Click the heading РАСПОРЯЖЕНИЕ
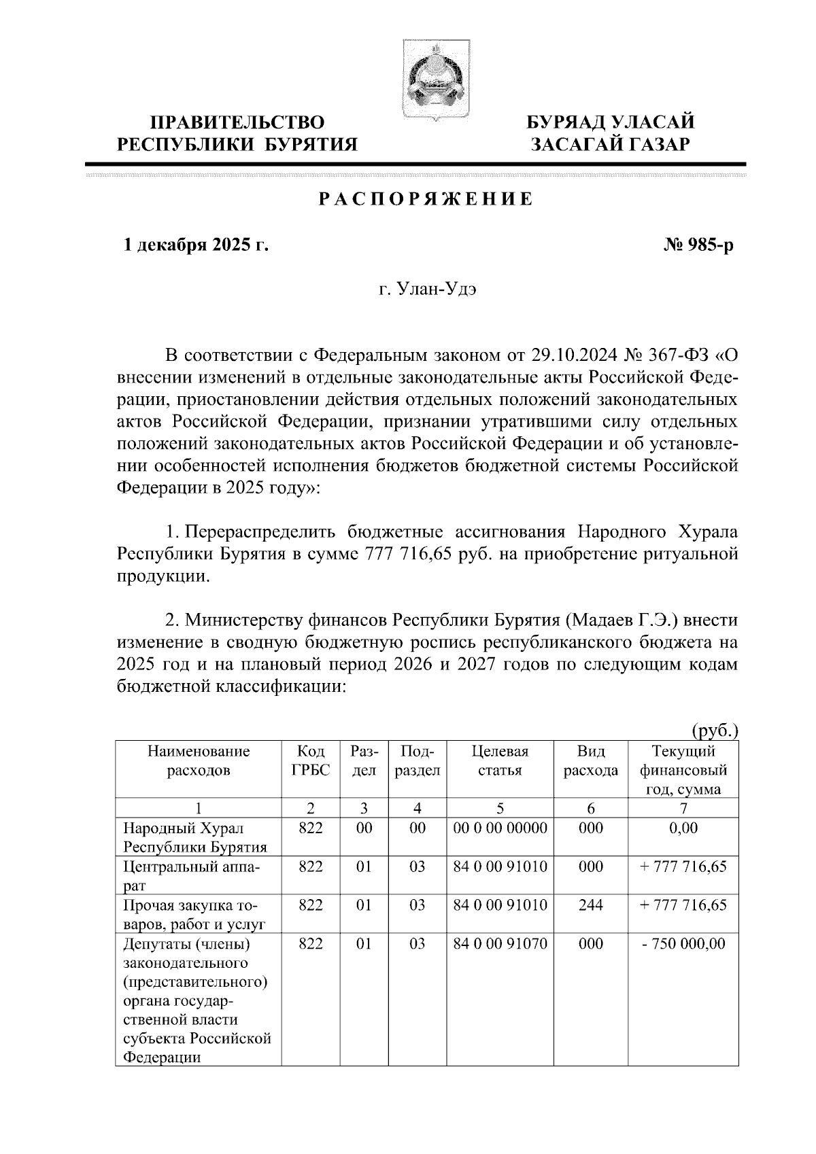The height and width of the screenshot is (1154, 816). point(426,200)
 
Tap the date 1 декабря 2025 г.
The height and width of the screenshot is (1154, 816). point(194,245)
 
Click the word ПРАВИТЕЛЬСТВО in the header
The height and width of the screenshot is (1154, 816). point(237,122)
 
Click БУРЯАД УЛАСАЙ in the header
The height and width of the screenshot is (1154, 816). point(612,122)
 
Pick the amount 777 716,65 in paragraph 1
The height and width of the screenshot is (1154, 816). point(408,554)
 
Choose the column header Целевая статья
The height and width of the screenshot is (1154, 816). point(500,760)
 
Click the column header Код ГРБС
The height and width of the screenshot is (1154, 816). point(311,760)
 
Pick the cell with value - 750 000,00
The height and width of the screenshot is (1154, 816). point(683,944)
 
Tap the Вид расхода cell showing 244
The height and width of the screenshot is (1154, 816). point(590,905)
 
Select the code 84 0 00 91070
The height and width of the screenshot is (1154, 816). point(500,944)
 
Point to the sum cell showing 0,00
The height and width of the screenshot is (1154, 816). point(683,828)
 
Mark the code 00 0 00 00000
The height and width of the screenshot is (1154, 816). point(500,828)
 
